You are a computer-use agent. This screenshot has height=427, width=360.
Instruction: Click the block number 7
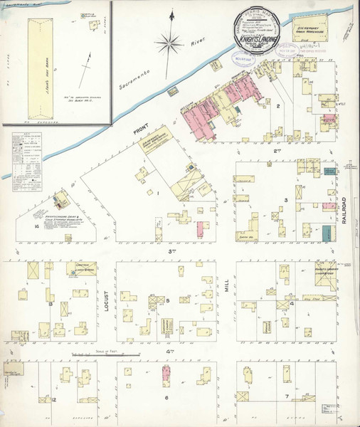click(x=286, y=395)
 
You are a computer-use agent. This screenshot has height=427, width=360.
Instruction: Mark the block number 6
click(x=166, y=397)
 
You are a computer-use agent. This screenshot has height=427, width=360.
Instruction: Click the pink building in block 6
click(x=166, y=375)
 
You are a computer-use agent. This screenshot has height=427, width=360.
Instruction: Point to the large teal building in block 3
click(x=326, y=232)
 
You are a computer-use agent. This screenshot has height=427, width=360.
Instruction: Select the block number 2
click(x=279, y=107)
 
